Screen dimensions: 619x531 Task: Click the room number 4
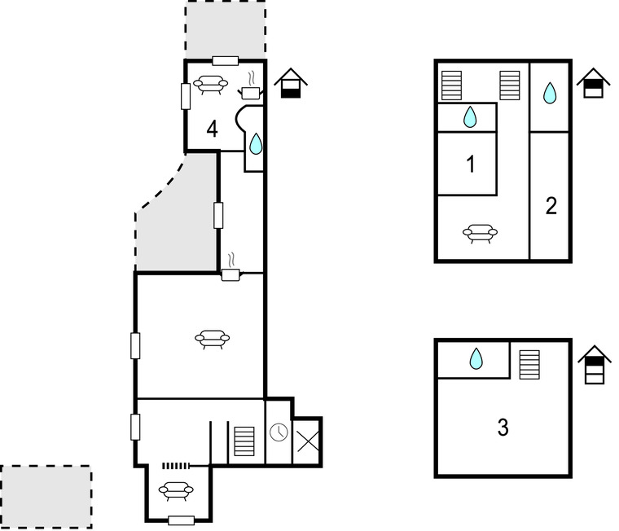point(212,129)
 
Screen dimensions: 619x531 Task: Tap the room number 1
point(470,165)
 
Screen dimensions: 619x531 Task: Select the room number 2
point(551,206)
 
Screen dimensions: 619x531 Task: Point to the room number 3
point(503,428)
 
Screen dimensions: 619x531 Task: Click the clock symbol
point(279,432)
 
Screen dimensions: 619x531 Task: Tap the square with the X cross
point(308,441)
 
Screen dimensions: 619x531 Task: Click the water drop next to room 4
point(256,143)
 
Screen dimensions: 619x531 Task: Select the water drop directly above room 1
point(470,116)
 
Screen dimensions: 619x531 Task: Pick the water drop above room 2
point(550,93)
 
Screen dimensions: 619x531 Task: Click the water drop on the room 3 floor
point(476,358)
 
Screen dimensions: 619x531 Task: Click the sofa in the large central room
point(212,339)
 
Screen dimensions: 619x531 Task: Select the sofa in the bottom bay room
point(176,491)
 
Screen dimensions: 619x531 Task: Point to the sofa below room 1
point(480,233)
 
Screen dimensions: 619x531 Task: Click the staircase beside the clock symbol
point(244,441)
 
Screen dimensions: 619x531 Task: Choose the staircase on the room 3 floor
point(529,365)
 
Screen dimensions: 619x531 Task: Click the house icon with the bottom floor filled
point(291,83)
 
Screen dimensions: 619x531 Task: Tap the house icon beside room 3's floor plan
point(595,364)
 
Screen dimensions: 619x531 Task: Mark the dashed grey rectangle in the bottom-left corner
point(46,497)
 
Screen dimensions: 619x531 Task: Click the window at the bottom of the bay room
point(181,520)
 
